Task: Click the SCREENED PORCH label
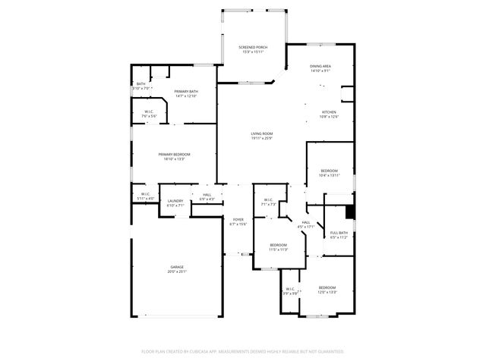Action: click(253, 49)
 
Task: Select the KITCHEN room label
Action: click(328, 114)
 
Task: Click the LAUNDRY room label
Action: click(175, 202)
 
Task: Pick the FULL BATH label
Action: click(339, 234)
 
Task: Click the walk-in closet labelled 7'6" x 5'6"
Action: click(150, 114)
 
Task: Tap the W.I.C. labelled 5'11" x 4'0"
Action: click(145, 196)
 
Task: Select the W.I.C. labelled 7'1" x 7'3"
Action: click(268, 202)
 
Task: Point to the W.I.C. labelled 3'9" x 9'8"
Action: click(290, 290)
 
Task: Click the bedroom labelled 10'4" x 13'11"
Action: click(329, 173)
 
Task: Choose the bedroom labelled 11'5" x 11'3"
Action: click(279, 247)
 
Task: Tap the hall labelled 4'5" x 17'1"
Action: click(306, 224)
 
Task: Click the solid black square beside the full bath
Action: click(350, 211)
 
